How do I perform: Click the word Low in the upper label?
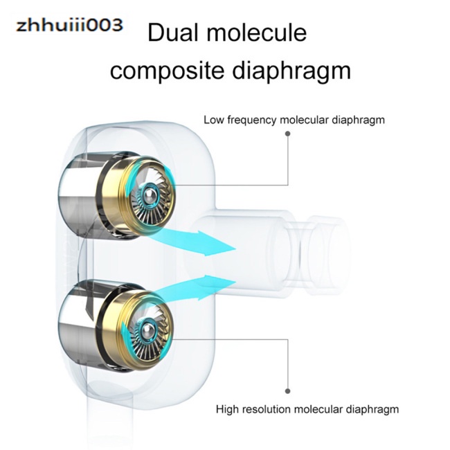point(213,120)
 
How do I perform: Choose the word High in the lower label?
point(227,409)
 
